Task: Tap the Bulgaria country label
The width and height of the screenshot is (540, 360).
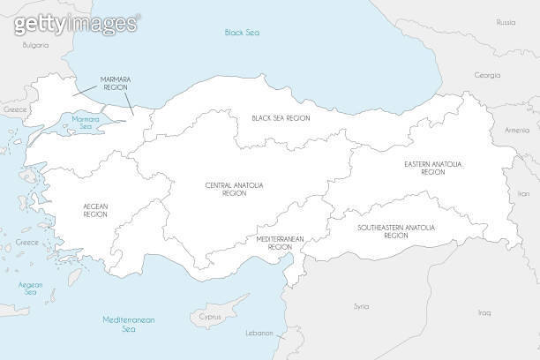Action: pyautogui.click(x=35, y=44)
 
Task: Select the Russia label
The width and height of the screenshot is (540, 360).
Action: pyautogui.click(x=506, y=21)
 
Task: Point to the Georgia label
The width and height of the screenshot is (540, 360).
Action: pyautogui.click(x=487, y=75)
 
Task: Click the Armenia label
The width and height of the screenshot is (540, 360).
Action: pyautogui.click(x=517, y=130)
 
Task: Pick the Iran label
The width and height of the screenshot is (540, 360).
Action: pyautogui.click(x=523, y=192)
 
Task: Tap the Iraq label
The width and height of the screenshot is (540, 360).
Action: pyautogui.click(x=484, y=312)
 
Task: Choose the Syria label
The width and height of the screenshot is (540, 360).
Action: pyautogui.click(x=361, y=306)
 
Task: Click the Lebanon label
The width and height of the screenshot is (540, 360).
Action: pyautogui.click(x=259, y=334)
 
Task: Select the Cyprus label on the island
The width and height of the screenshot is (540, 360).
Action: pyautogui.click(x=210, y=316)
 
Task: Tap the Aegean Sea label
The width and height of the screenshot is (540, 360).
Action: pyautogui.click(x=31, y=289)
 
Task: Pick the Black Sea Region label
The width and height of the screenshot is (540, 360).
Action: pyautogui.click(x=281, y=117)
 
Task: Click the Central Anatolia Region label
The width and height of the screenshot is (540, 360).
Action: pyautogui.click(x=234, y=189)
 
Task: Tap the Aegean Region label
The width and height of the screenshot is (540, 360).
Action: pyautogui.click(x=95, y=210)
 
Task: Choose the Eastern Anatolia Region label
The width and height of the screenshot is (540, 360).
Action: pyautogui.click(x=433, y=168)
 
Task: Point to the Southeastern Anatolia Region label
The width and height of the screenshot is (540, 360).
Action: pyautogui.click(x=396, y=231)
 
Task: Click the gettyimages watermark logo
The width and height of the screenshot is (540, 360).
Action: pyautogui.click(x=76, y=22)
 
